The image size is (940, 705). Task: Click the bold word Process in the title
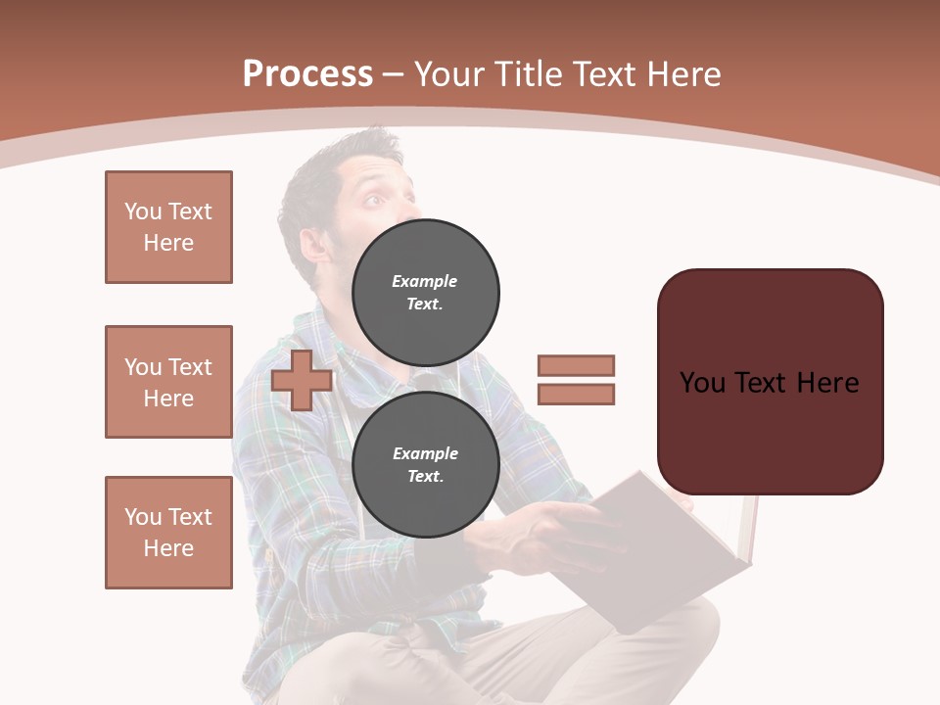click(307, 74)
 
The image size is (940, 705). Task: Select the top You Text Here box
click(168, 227)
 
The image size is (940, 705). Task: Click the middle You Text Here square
click(168, 382)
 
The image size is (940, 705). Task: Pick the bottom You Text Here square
click(168, 533)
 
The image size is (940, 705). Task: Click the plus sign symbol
click(302, 380)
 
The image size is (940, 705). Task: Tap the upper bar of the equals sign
click(576, 365)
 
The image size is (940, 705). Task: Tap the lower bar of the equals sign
click(576, 394)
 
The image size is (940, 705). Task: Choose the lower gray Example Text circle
click(425, 465)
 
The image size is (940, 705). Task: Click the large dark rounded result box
click(770, 382)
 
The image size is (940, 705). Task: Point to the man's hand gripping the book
click(543, 529)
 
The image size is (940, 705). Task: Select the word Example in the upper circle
click(425, 281)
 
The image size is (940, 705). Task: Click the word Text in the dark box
click(768, 382)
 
